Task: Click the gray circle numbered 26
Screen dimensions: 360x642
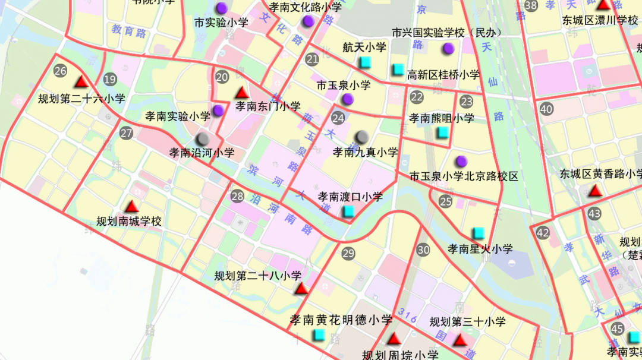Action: click(60, 71)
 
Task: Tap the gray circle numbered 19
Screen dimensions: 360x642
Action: click(109, 80)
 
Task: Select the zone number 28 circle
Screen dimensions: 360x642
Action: click(238, 197)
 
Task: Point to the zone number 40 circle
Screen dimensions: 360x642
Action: click(546, 109)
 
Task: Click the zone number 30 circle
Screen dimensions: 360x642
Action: click(423, 250)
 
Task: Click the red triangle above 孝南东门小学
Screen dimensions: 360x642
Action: click(241, 93)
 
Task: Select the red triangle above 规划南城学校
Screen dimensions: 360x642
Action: click(132, 207)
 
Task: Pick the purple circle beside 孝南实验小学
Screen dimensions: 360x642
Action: click(219, 110)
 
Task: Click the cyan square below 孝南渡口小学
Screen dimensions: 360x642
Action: click(350, 211)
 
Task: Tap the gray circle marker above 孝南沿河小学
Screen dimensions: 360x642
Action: click(203, 138)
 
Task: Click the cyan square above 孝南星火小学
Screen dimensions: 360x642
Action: click(478, 233)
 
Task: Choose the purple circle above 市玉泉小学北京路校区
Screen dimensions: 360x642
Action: click(461, 161)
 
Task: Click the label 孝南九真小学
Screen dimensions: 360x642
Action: click(365, 153)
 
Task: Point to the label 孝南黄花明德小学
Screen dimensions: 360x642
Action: click(341, 320)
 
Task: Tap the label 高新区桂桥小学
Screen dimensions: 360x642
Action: click(443, 75)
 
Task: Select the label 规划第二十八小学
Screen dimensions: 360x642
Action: click(258, 276)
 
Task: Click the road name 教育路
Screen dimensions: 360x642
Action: click(129, 31)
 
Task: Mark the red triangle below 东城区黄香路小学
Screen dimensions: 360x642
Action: click(596, 191)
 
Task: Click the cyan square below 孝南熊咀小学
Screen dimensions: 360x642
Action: click(442, 132)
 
